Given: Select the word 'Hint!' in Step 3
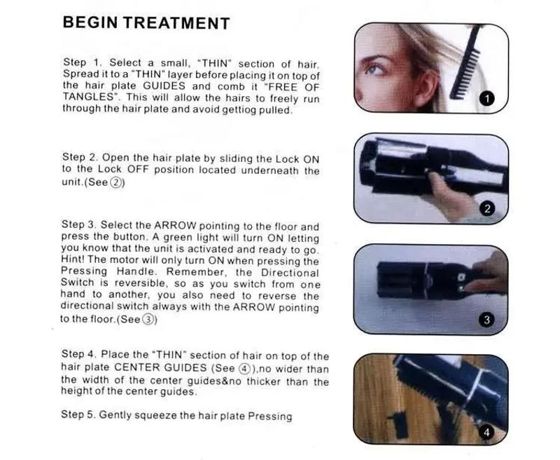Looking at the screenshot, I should click(75, 261).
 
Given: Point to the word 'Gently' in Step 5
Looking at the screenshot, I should click(115, 415).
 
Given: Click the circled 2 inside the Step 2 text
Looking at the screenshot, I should click(115, 182).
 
